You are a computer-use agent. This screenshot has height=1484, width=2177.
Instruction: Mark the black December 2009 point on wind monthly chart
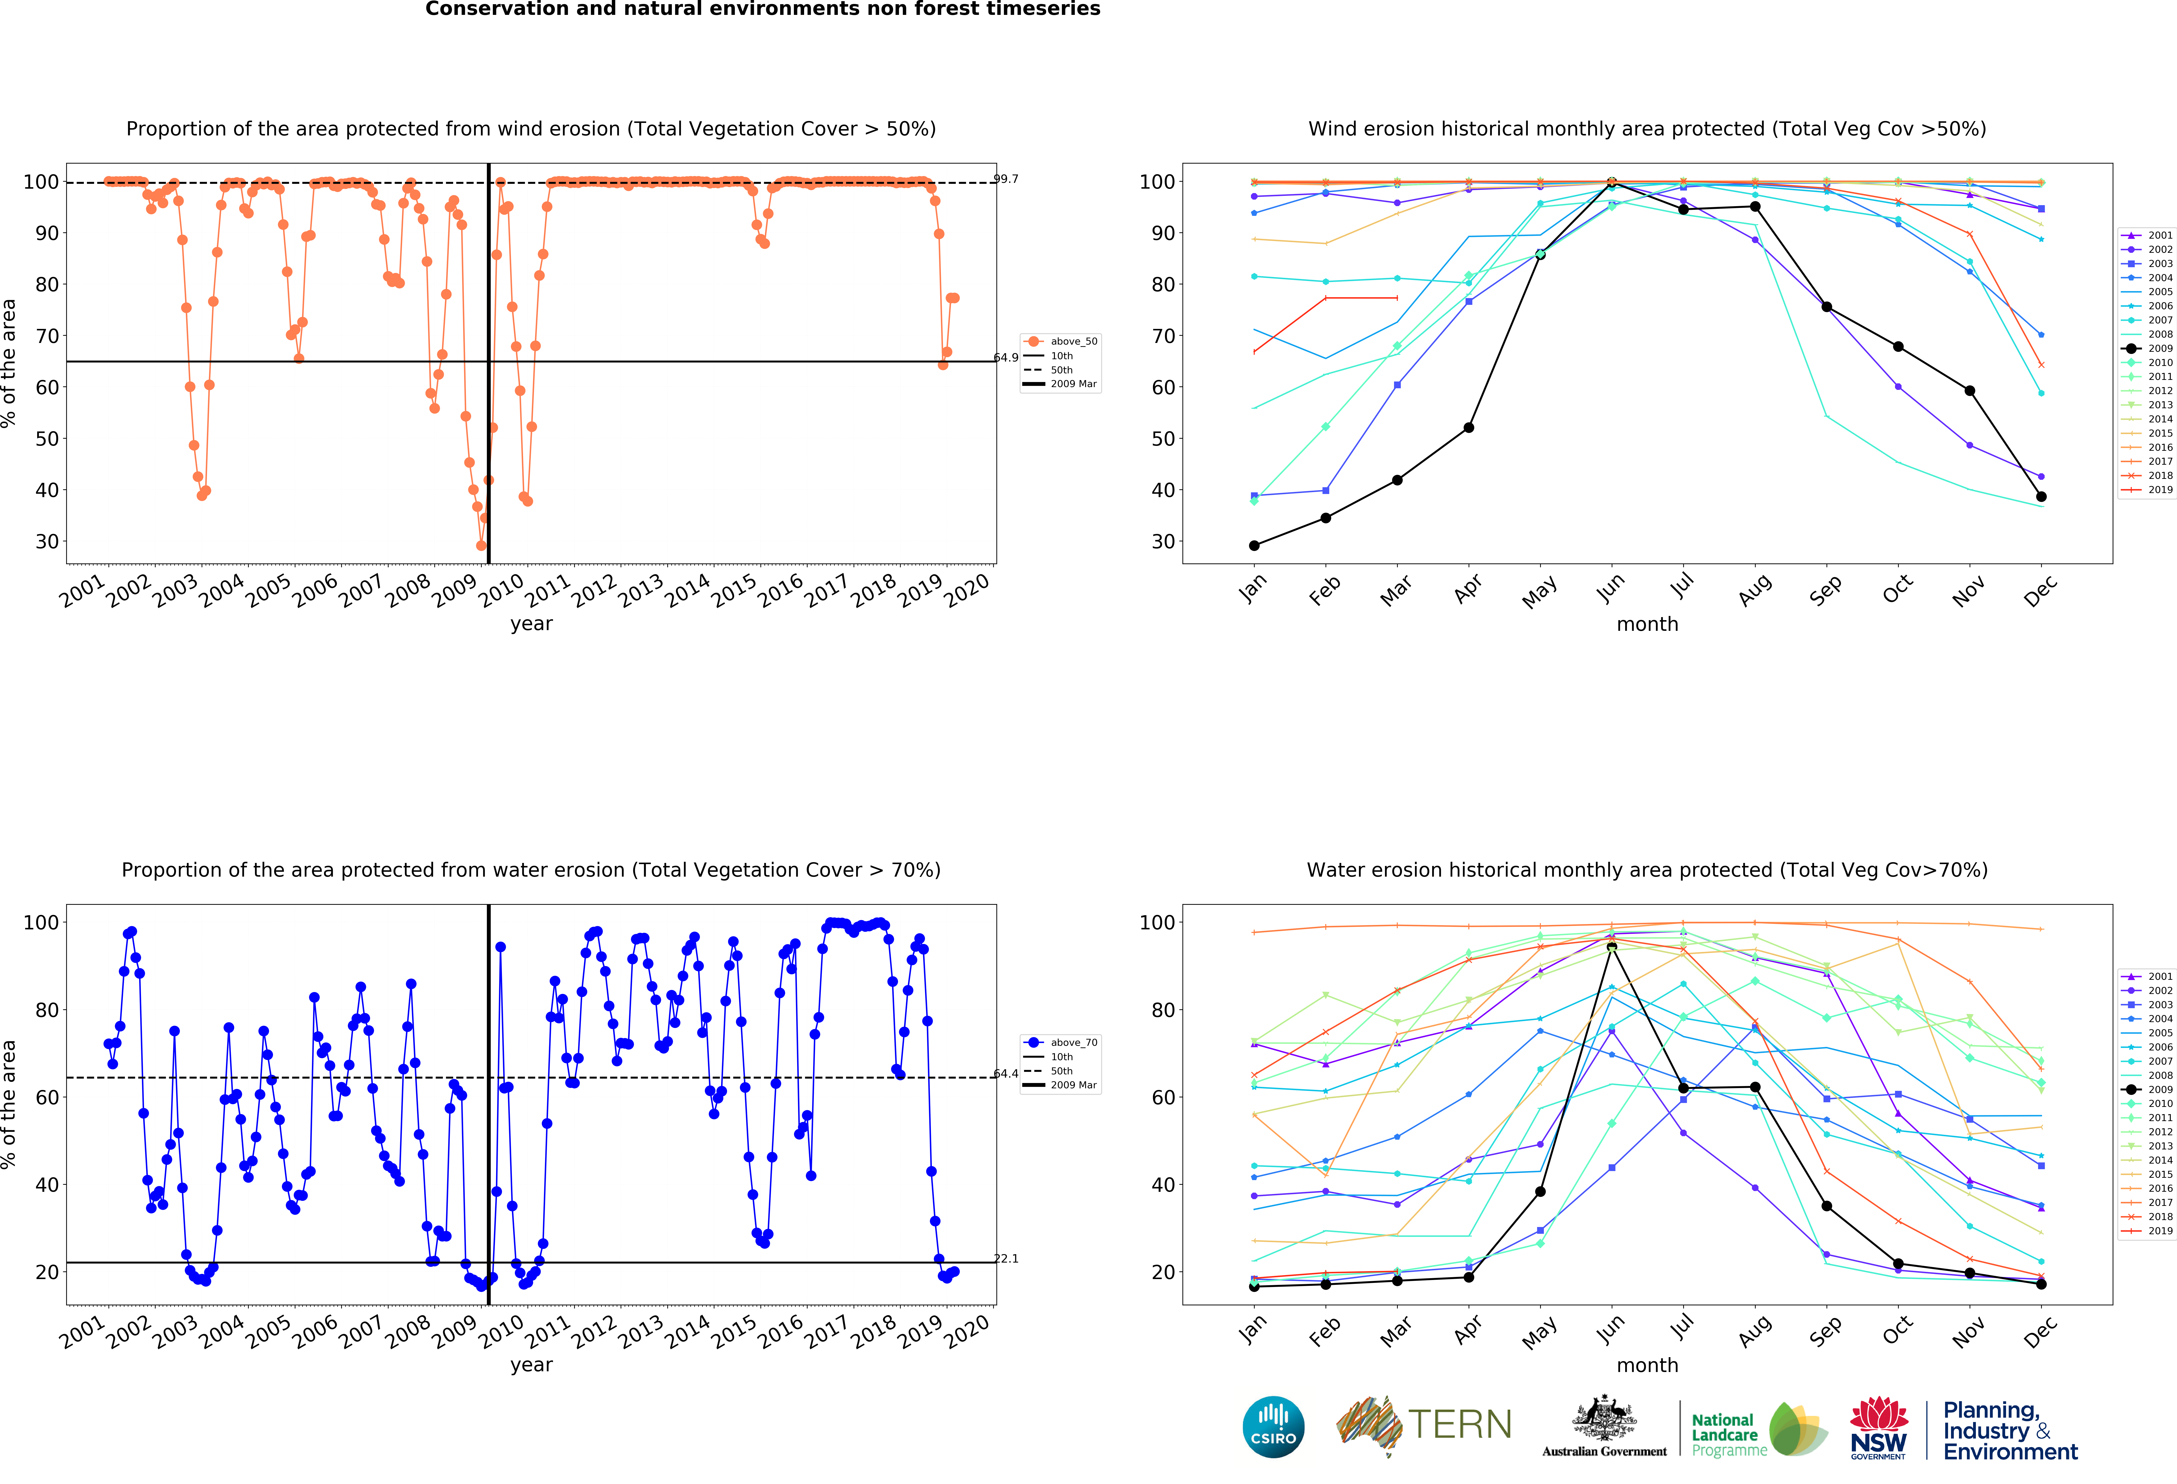click(x=2041, y=497)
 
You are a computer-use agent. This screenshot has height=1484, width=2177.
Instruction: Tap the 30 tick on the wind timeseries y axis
click(x=47, y=542)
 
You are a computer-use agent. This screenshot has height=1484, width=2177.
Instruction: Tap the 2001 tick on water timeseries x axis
click(x=82, y=1331)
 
